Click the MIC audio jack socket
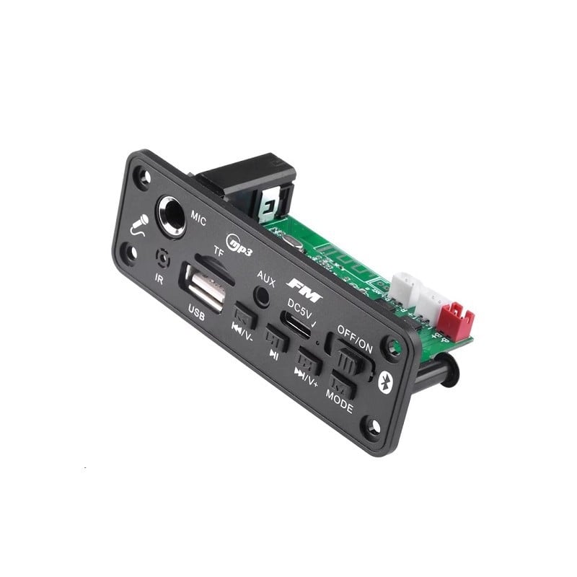171,216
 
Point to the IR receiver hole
164,256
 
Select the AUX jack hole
263,296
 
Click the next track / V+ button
308,360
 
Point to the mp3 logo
239,243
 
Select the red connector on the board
456,321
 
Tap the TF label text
217,251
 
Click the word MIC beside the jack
198,220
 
